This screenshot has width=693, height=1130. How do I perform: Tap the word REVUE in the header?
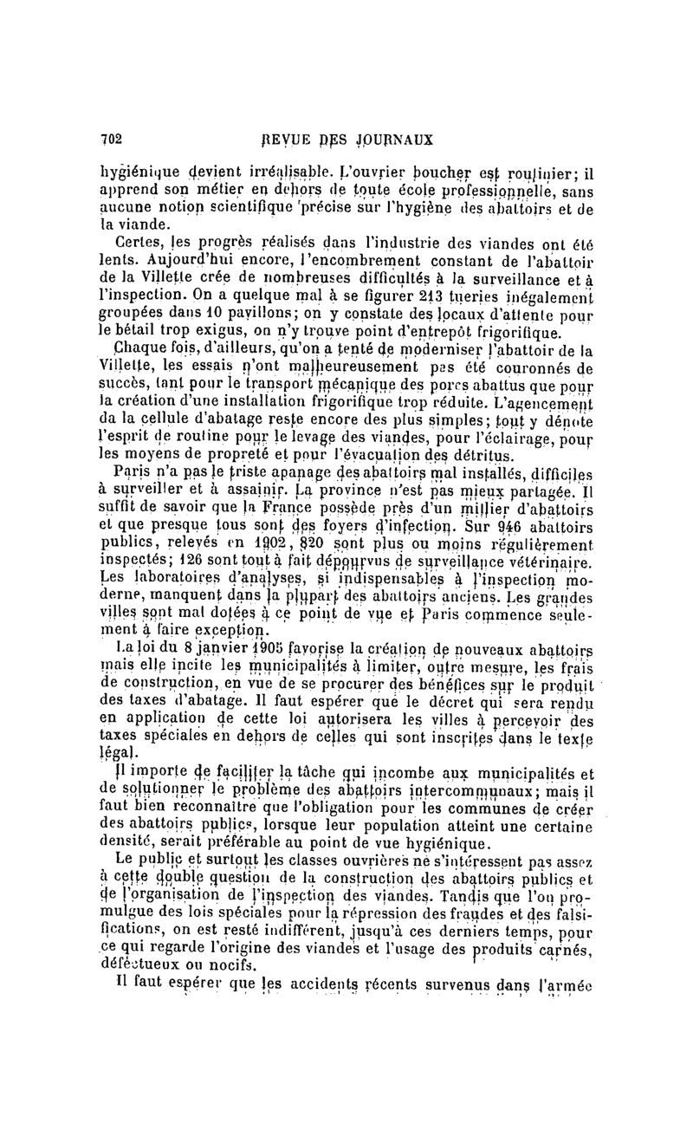point(287,138)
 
